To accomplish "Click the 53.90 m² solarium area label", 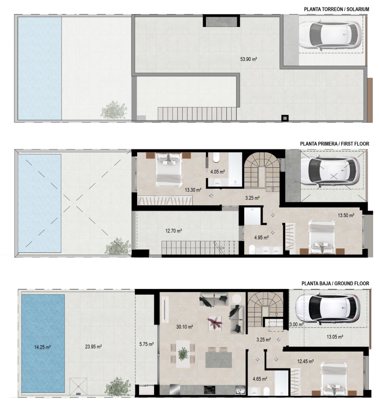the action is click(248, 59).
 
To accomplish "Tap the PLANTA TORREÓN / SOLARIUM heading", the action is click(337, 9).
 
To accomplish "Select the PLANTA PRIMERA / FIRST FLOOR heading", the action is click(334, 143).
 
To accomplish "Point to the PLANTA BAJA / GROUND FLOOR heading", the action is click(335, 283).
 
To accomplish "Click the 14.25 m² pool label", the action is click(42, 347).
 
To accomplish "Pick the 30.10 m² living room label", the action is click(184, 326).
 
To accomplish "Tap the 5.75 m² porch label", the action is click(147, 344).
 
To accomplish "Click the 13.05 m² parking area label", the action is click(334, 337).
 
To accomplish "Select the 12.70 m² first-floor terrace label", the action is click(174, 231).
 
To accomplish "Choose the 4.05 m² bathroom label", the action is click(218, 172).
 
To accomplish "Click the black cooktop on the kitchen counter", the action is click(210, 390).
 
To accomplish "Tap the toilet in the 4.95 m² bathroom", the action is click(252, 250).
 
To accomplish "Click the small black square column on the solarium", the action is click(285, 118).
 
